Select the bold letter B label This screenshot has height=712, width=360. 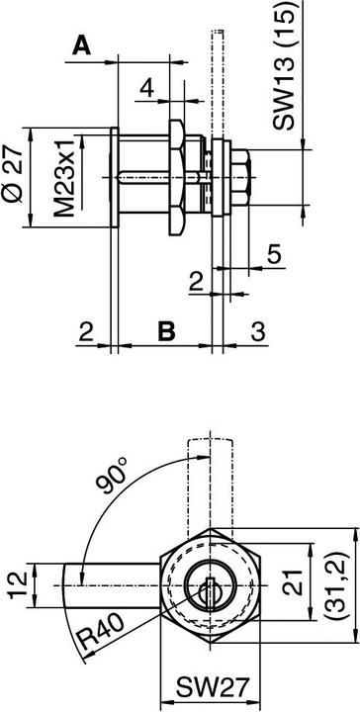pos(167,331)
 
